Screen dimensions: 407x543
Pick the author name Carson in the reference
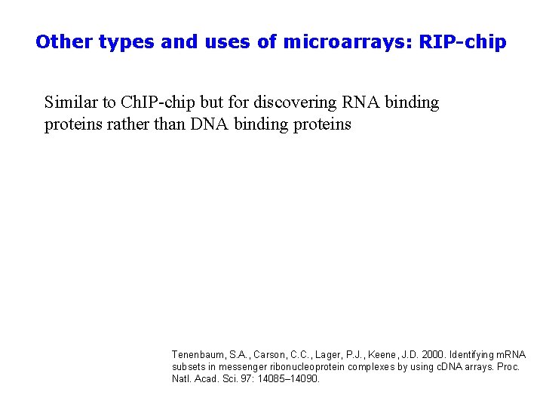pyautogui.click(x=270, y=354)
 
